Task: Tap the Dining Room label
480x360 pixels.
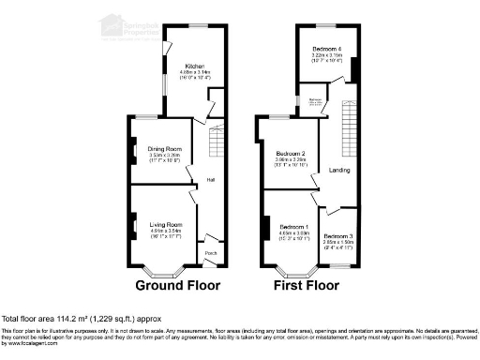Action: (164, 147)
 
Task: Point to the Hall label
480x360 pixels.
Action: (211, 179)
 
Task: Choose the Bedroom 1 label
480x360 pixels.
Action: (292, 226)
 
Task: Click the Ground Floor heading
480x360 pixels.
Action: (178, 284)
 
